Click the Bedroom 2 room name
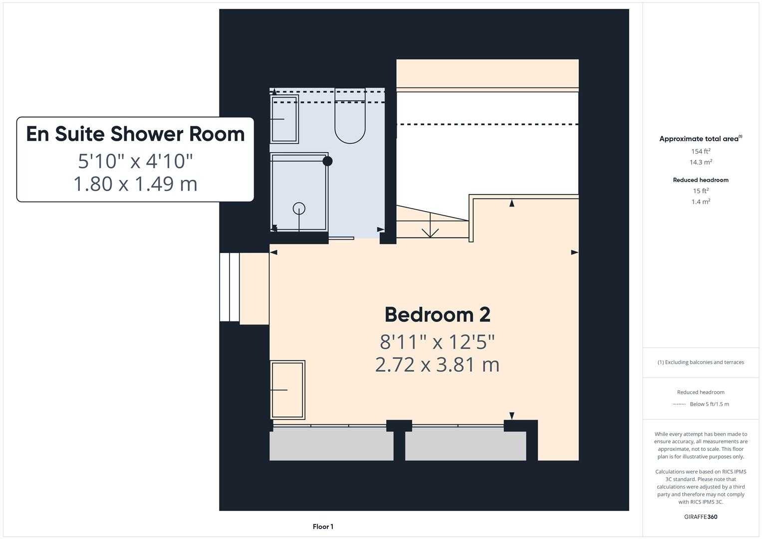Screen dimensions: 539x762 437,315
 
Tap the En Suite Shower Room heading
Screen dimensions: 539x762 135,134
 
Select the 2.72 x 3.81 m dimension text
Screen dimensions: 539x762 437,365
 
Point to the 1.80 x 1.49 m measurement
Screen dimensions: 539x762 135,184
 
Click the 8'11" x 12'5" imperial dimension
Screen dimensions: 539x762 437,342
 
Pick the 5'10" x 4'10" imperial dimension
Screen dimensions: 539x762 135,161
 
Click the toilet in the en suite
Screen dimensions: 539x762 350,120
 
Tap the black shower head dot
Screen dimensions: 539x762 327,161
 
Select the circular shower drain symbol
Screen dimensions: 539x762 299,208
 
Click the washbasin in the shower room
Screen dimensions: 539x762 283,119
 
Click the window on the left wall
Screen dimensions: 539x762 230,287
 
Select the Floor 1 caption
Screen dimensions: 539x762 323,527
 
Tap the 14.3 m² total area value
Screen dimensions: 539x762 701,162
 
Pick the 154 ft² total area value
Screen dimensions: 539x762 701,151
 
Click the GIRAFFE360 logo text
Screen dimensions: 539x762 701,517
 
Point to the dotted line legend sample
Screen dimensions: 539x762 679,404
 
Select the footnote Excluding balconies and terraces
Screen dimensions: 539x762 701,362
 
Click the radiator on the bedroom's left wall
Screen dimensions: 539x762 287,390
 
